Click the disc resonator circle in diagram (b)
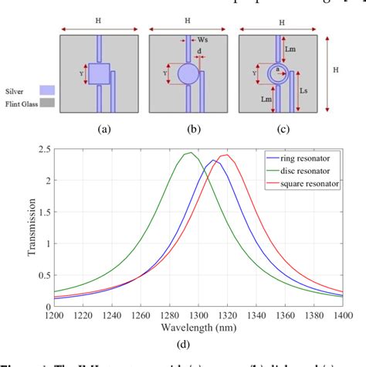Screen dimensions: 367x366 [x=187, y=75]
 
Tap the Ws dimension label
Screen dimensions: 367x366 [x=202, y=41]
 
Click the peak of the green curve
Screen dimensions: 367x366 [x=188, y=153]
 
